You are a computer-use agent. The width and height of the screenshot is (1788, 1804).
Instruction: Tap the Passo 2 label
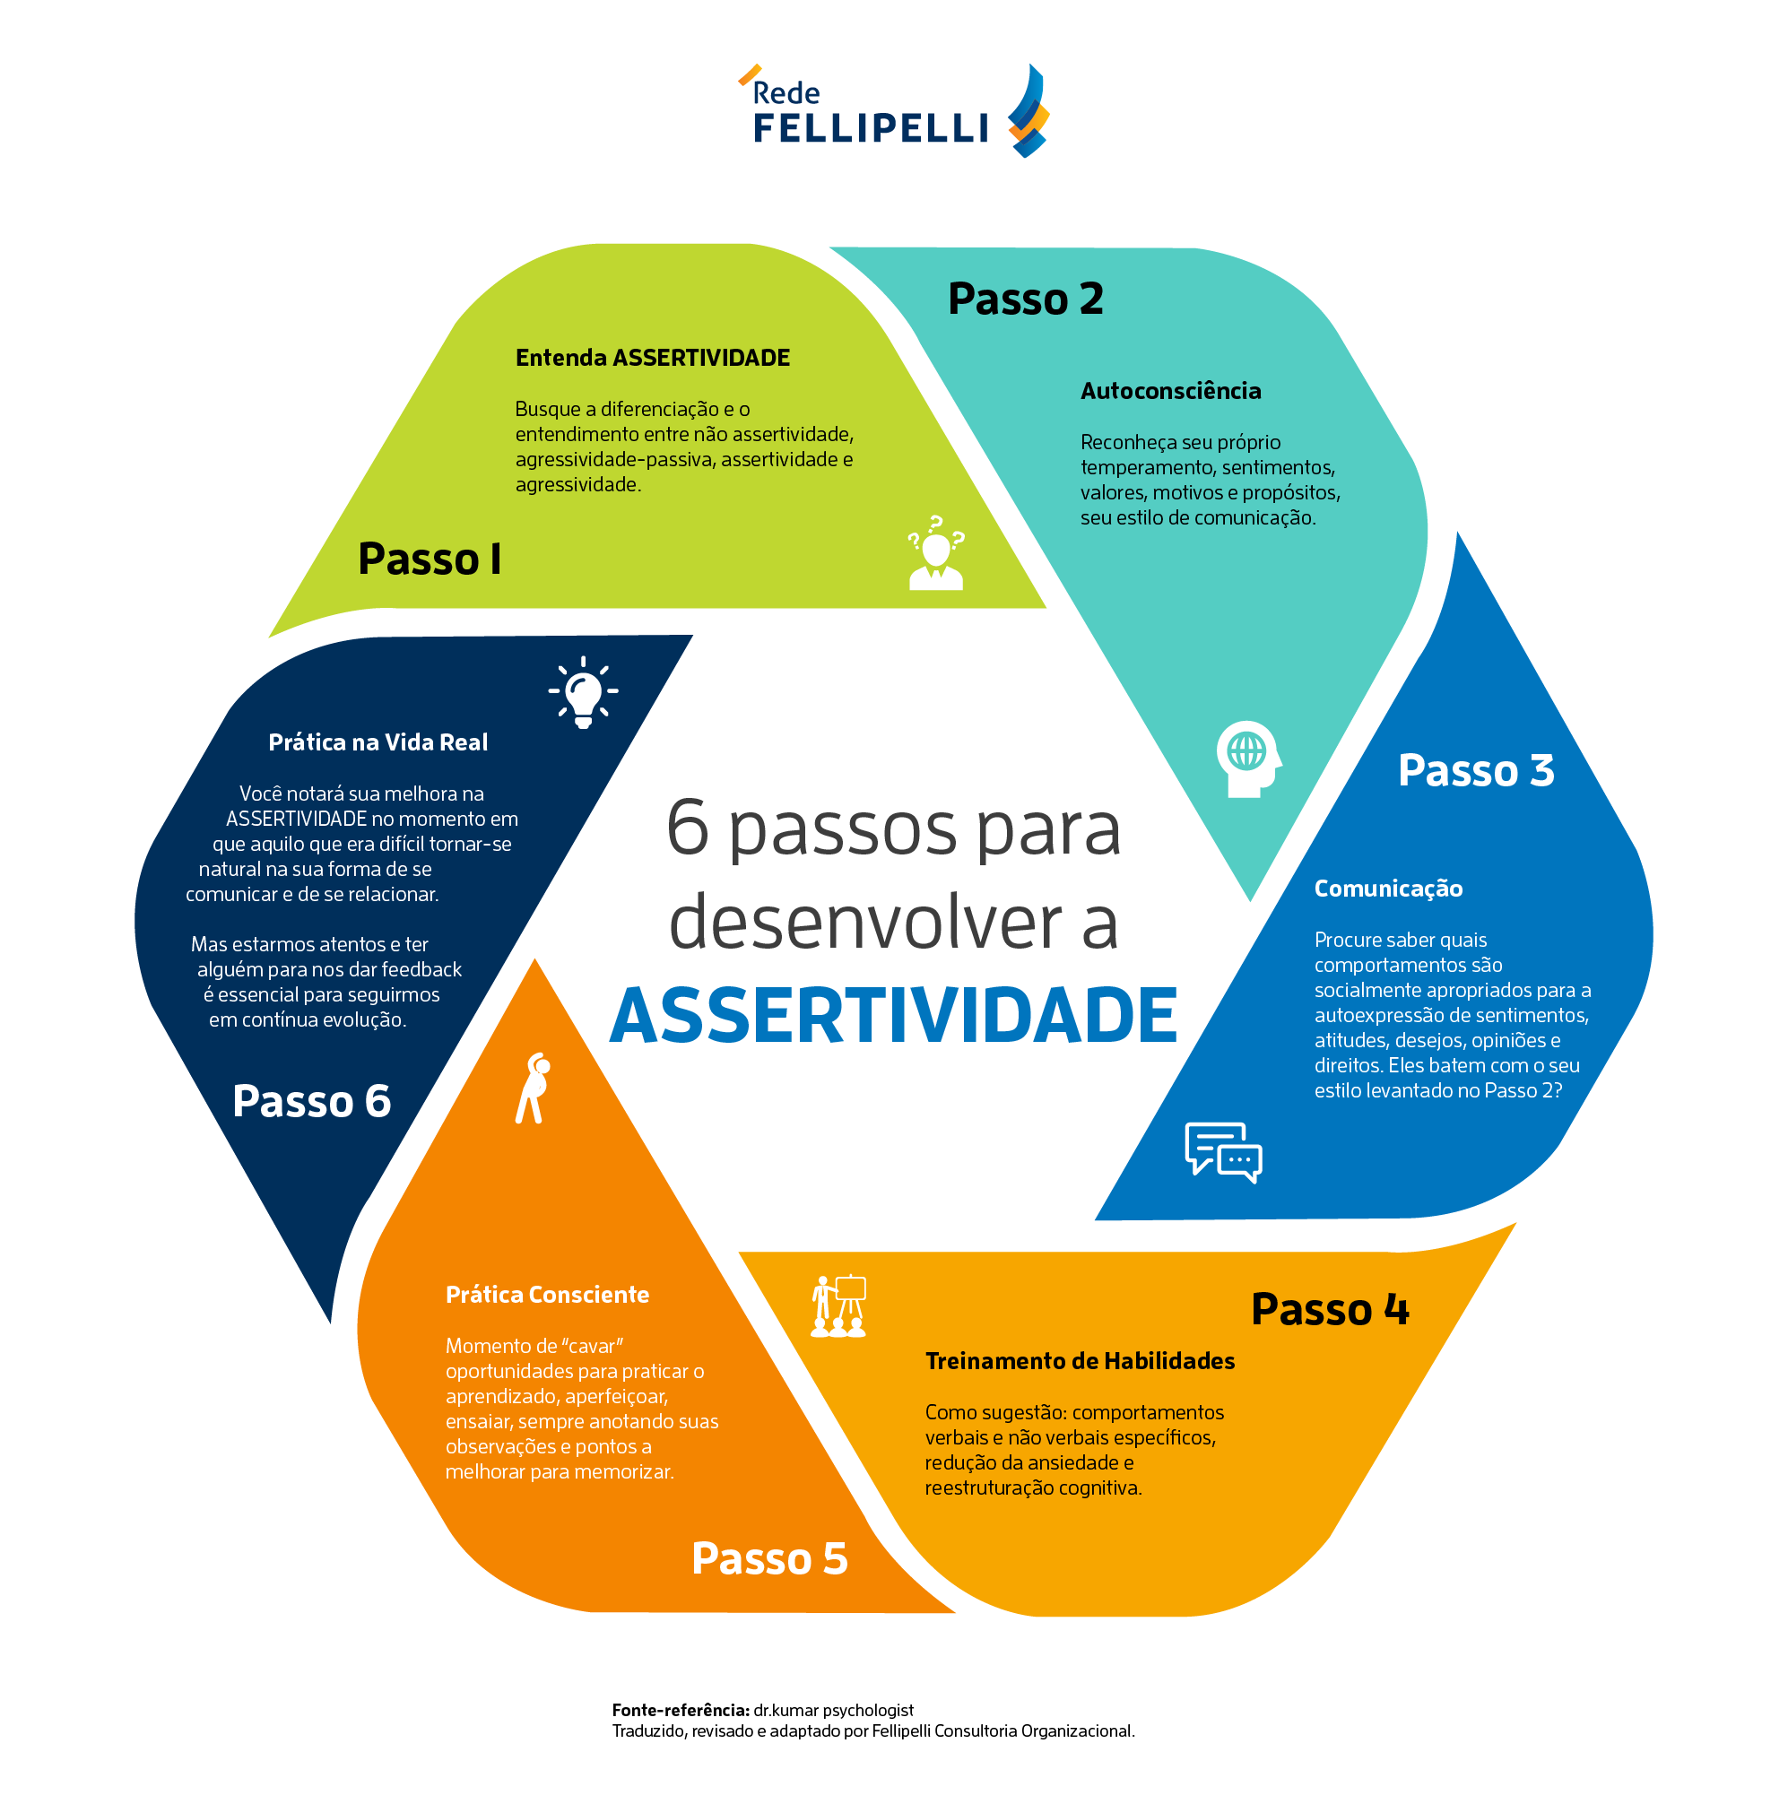(x=1025, y=299)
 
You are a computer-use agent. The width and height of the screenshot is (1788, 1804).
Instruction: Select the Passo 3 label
(x=1475, y=770)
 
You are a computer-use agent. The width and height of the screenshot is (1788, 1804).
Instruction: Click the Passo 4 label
(x=1329, y=1308)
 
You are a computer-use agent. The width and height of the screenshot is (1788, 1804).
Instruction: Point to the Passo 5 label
(x=769, y=1558)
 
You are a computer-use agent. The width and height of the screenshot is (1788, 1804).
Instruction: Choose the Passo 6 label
(x=311, y=1101)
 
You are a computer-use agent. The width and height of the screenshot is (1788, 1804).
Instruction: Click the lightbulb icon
(x=584, y=692)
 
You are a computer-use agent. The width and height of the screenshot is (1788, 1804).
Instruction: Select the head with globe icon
(x=1249, y=759)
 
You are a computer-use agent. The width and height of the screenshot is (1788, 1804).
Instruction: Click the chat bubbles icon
(x=1223, y=1152)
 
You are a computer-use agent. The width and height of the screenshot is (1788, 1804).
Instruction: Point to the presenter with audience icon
(x=838, y=1306)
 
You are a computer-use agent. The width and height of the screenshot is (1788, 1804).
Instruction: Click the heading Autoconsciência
(x=1170, y=391)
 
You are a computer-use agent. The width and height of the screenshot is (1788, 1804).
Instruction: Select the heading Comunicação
(x=1387, y=889)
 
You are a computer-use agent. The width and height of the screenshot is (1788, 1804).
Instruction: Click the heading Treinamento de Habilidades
(x=1080, y=1361)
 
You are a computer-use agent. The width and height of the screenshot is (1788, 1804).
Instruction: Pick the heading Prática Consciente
(x=547, y=1295)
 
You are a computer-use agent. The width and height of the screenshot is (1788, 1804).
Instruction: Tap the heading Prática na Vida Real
(x=378, y=742)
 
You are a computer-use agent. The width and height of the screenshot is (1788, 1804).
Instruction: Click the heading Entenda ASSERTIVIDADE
(x=653, y=359)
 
